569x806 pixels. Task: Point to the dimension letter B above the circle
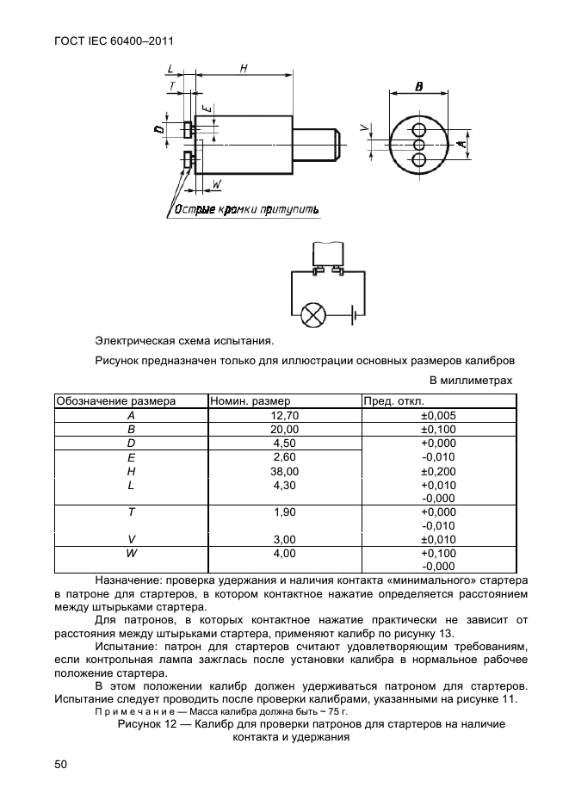[x=418, y=87]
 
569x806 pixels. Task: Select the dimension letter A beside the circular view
[x=461, y=145]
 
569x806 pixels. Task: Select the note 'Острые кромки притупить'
[x=246, y=209]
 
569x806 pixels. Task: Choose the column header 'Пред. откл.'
[x=393, y=401]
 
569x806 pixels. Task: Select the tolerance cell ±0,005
[x=438, y=415]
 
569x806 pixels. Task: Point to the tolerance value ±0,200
[x=438, y=472]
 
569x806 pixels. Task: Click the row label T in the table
[x=131, y=512]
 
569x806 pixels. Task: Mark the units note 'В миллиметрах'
[x=471, y=380]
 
